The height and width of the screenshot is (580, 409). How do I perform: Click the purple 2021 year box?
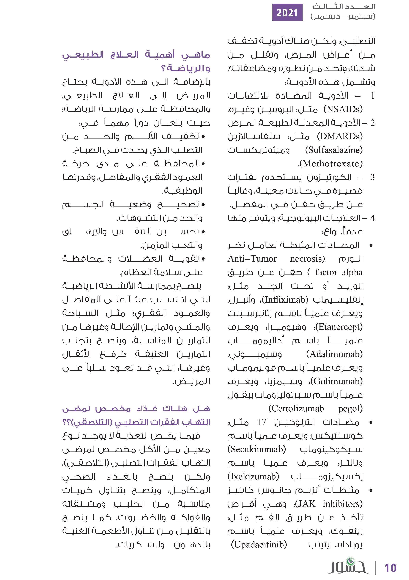pyautogui.click(x=287, y=12)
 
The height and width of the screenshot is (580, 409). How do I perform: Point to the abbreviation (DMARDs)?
pyautogui.click(x=340, y=136)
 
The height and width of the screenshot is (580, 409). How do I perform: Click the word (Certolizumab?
pyautogui.click(x=296, y=408)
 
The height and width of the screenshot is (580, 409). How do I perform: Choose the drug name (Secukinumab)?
pyautogui.click(x=257, y=449)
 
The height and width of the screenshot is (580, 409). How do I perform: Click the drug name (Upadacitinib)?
pyautogui.click(x=259, y=545)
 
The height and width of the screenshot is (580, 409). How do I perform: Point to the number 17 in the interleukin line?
pyautogui.click(x=262, y=422)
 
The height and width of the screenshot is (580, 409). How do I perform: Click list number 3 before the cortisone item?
pyautogui.click(x=372, y=177)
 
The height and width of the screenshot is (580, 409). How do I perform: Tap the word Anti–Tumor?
pyautogui.click(x=252, y=259)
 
